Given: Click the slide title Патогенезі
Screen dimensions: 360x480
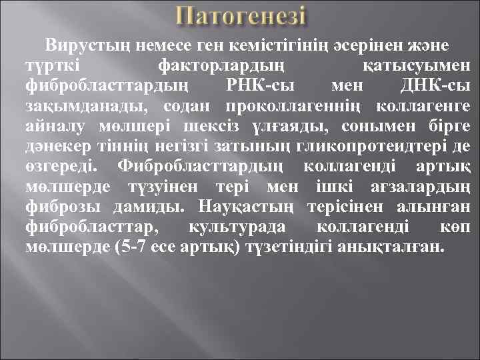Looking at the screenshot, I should [241, 17].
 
